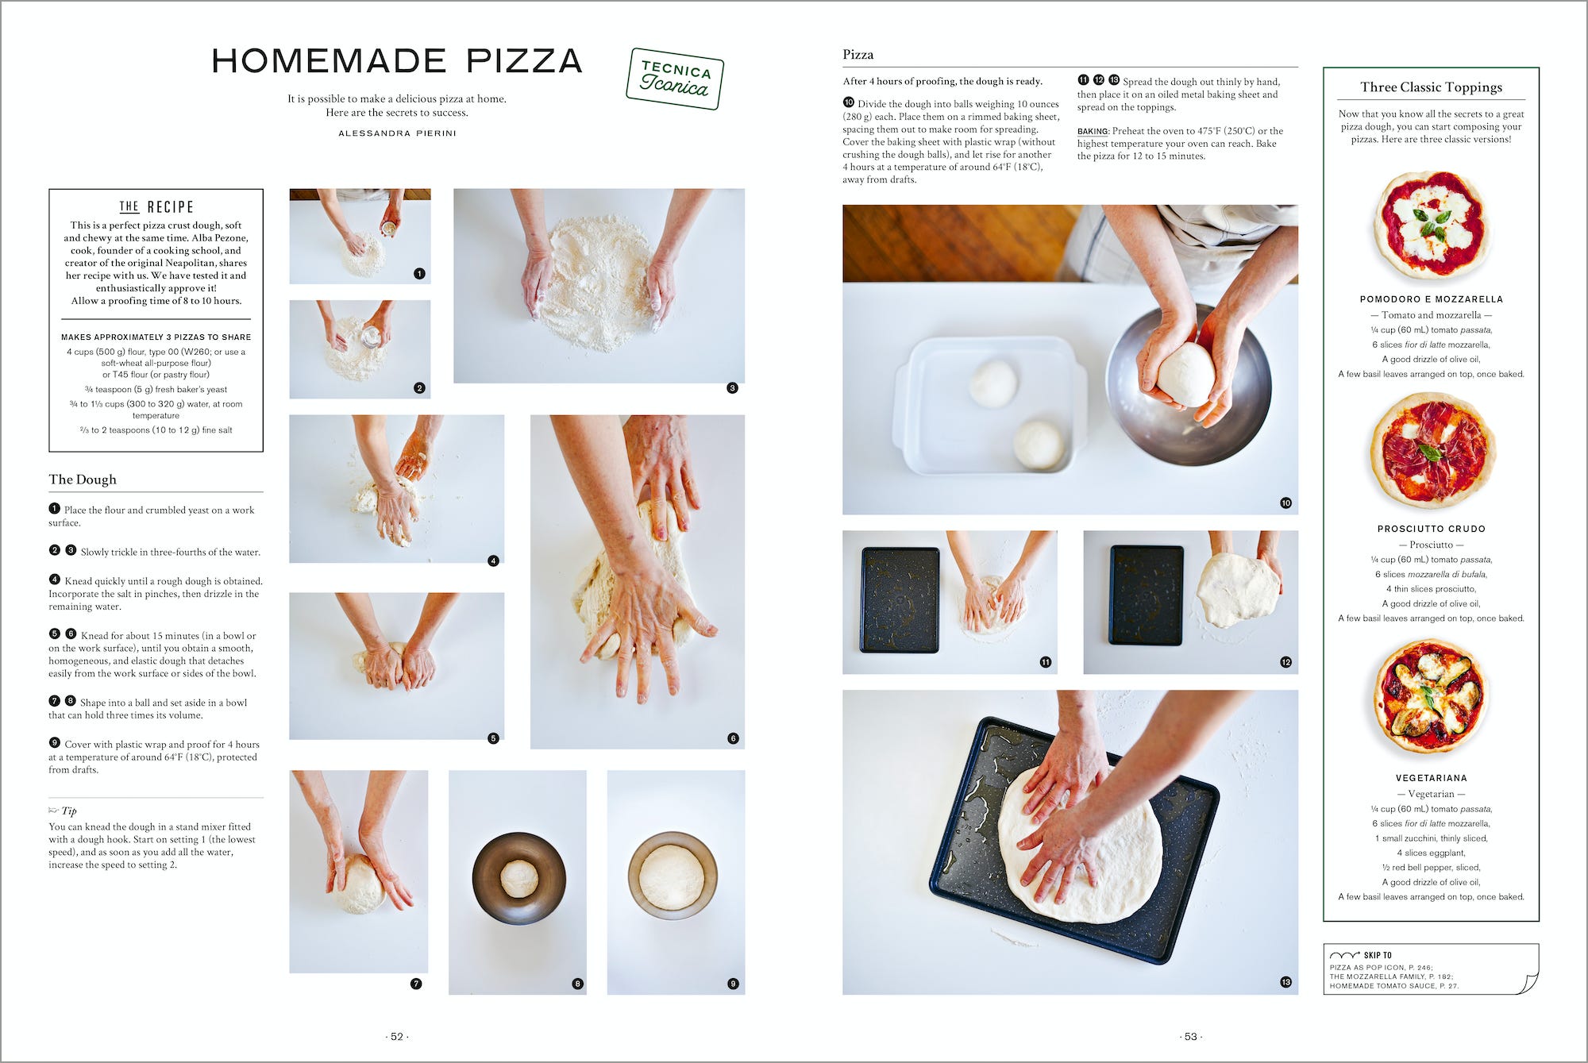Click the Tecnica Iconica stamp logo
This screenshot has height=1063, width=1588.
(x=674, y=78)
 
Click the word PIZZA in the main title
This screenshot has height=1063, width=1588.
(x=524, y=61)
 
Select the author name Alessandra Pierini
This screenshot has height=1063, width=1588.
(x=397, y=133)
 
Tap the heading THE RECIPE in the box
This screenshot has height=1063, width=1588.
(x=156, y=207)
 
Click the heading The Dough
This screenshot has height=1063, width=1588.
(x=83, y=480)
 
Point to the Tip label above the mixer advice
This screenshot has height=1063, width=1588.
(x=68, y=811)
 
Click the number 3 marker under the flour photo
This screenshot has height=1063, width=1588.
(x=732, y=388)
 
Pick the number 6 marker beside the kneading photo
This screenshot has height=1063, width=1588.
(x=732, y=738)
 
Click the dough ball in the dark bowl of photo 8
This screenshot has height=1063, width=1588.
(x=519, y=879)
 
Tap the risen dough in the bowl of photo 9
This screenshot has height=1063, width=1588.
(x=672, y=876)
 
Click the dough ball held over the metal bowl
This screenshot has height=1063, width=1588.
(x=1185, y=374)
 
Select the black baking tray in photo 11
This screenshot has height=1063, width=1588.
(x=900, y=600)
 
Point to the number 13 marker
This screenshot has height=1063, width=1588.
(x=1285, y=982)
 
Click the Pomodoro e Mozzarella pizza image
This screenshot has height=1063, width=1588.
(x=1431, y=224)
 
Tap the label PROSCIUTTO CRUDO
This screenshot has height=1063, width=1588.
(x=1431, y=529)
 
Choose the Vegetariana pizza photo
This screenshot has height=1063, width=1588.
(x=1430, y=697)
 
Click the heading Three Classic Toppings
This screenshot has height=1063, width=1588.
(x=1431, y=87)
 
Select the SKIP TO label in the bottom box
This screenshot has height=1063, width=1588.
(x=1377, y=955)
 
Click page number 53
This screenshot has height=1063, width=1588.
(x=1190, y=1037)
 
